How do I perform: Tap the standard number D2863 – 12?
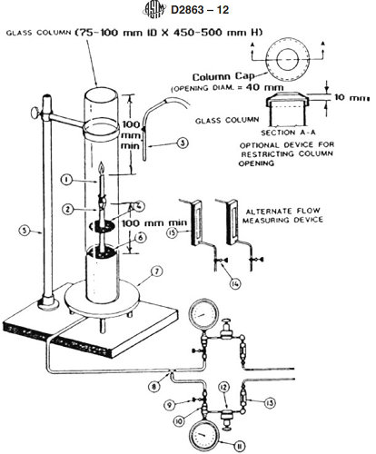[211, 10]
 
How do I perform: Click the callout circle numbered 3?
[158, 143]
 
